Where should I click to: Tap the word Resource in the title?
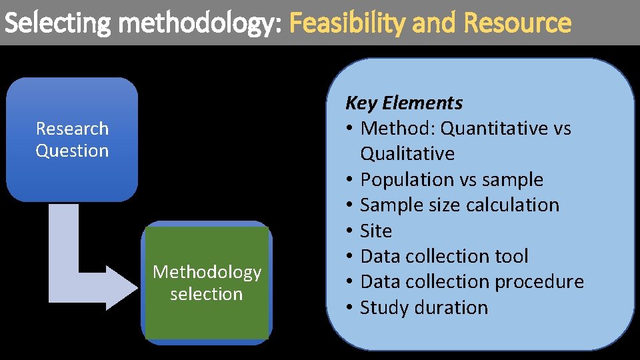tap(517, 23)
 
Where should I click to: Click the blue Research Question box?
tap(72, 139)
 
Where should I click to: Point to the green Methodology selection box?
tap(207, 283)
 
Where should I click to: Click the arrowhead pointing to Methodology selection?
tap(124, 287)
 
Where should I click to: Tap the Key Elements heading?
tap(403, 103)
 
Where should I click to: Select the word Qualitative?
tap(407, 154)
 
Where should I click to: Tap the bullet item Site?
tap(376, 231)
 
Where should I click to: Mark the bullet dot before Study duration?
tap(350, 308)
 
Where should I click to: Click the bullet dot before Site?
tap(350, 231)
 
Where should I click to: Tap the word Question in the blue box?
tap(72, 151)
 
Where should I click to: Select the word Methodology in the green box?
tap(207, 272)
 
